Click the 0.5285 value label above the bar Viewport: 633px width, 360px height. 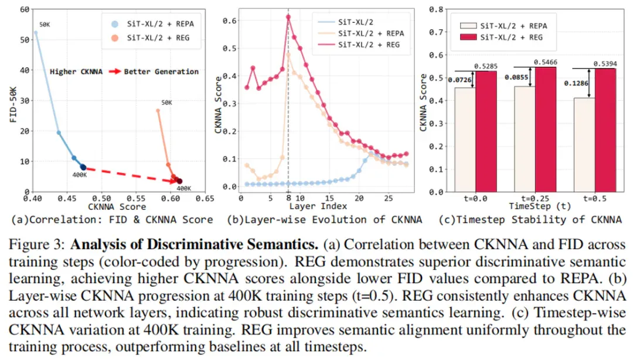click(486, 66)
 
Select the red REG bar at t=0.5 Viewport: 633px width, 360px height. click(605, 130)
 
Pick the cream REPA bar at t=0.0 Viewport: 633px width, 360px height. click(465, 140)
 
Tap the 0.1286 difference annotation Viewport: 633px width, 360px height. click(576, 83)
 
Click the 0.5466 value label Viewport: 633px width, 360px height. click(546, 62)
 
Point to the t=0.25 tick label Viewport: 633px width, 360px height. click(535, 198)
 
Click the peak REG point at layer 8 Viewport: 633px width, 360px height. click(288, 17)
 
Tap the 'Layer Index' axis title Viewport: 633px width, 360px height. click(318, 206)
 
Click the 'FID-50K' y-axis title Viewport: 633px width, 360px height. click(13, 104)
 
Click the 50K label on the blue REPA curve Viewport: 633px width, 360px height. click(45, 25)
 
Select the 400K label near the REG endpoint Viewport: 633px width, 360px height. click(183, 188)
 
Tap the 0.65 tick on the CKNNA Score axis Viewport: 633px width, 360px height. click(205, 198)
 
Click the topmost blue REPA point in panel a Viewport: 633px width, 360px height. click(36, 33)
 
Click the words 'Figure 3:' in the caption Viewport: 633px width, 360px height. click(37, 245)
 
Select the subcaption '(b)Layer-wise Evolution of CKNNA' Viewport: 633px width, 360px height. click(324, 220)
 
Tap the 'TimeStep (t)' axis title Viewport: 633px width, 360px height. click(540, 206)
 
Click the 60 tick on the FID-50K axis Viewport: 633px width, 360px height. click(25, 9)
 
